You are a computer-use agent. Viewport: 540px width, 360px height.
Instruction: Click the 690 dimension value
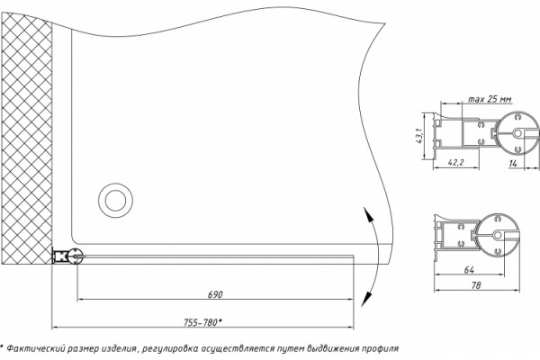point(215,294)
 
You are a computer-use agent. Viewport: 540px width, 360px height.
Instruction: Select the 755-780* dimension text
point(202,322)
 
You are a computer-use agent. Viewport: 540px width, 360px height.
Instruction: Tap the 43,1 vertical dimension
point(418,136)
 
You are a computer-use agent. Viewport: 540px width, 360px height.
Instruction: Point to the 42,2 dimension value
point(456,162)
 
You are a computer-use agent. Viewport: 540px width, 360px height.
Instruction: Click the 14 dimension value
point(513,163)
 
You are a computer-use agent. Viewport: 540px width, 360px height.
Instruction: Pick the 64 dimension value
point(469,270)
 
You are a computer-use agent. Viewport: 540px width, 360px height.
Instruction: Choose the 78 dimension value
point(476,285)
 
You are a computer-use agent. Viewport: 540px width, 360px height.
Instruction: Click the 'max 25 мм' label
point(490,99)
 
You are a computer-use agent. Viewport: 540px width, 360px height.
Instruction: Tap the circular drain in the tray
point(115,200)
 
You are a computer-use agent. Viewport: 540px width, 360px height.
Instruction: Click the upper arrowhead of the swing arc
point(368,214)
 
